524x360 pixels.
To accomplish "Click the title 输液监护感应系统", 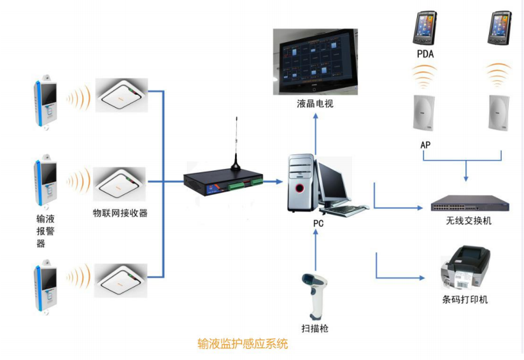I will coord(243,344).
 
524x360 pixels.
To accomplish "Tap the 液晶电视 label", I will coord(315,103).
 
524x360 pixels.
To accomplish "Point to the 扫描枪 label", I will coord(315,329).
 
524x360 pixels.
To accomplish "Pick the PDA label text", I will coord(425,54).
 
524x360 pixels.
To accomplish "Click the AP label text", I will coord(425,145).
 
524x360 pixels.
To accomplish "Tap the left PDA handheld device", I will coord(425,29).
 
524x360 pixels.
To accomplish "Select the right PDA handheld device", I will coord(499,29).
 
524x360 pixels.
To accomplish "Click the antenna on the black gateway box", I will coord(236,143).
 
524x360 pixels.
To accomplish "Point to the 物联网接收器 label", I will coord(120,213).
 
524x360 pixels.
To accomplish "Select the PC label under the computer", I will coord(319,224).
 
